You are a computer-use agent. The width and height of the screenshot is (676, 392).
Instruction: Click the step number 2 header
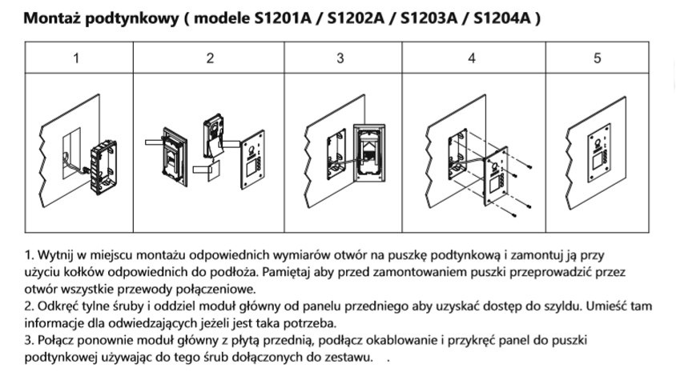[210, 58]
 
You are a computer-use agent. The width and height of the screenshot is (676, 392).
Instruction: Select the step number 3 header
[340, 58]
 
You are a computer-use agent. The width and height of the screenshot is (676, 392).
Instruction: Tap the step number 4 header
[472, 58]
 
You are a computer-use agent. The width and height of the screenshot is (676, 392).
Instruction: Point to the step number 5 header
[597, 58]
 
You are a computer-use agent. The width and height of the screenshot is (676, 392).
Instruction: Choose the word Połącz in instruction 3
[57, 341]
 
